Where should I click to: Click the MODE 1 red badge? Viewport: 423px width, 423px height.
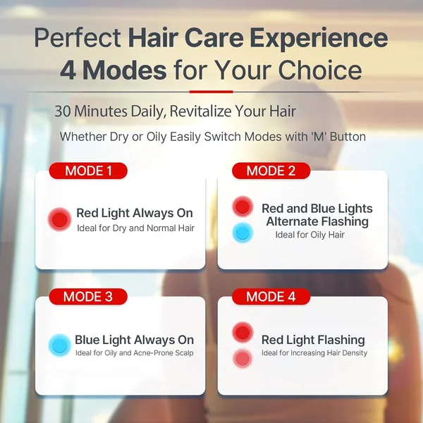[88, 171]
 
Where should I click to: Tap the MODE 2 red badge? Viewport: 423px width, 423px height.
[271, 171]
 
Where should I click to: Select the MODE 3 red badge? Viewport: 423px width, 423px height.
[88, 297]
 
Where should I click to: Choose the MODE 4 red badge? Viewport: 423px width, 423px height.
[271, 297]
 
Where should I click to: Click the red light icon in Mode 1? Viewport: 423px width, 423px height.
[60, 220]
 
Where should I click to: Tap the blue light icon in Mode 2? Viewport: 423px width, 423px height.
[243, 233]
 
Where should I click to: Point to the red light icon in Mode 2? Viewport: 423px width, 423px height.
[243, 207]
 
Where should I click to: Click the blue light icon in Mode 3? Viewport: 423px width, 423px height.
[59, 345]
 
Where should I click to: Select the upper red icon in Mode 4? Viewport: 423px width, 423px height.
[243, 332]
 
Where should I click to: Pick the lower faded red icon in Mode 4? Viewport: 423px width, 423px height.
[243, 358]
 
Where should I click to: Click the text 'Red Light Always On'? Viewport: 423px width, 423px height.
[135, 213]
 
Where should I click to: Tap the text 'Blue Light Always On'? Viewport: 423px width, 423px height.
[134, 340]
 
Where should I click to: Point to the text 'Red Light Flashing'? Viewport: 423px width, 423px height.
[313, 340]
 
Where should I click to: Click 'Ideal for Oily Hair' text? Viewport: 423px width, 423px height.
[309, 235]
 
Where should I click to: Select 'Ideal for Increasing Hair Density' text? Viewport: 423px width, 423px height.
[314, 353]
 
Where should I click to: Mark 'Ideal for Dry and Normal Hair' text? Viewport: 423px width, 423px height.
[135, 228]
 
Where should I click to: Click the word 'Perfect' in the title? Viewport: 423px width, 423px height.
[78, 37]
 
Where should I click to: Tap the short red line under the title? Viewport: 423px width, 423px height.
[211, 91]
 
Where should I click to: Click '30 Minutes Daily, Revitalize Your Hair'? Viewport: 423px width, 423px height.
[175, 111]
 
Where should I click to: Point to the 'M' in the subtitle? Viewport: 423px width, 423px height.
[314, 137]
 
